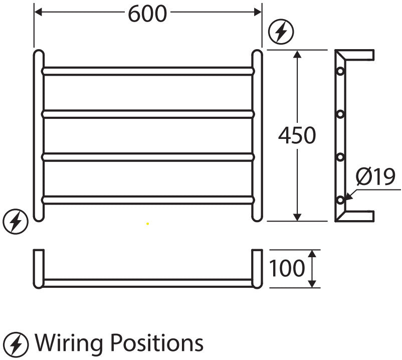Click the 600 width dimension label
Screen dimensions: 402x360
(147, 14)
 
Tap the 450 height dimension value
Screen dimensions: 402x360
(297, 135)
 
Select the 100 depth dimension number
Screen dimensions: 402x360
(287, 268)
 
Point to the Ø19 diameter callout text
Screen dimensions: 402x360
(375, 176)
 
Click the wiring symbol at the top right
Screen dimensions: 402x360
(281, 32)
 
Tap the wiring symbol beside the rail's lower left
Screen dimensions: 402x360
(16, 222)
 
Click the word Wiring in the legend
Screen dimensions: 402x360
(69, 343)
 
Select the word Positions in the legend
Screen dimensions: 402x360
(157, 342)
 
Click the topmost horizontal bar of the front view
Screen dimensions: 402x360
(148, 71)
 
